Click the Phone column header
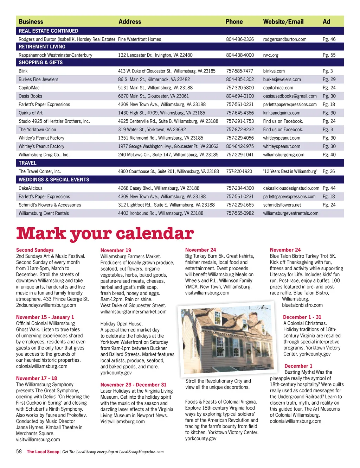point(234,21)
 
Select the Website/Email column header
point(283,21)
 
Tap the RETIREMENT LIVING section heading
point(42,46)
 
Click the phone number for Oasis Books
point(240,96)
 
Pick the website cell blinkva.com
point(274,71)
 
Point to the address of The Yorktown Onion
point(152,129)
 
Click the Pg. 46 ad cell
point(329,39)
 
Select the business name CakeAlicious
point(31,188)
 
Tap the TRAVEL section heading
point(27,163)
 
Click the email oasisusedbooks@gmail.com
point(290,96)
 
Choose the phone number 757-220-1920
point(239,171)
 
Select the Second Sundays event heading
point(35,250)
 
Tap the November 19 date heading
point(116,250)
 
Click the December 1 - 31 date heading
point(302,317)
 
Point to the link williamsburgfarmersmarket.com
point(134,312)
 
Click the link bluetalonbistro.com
point(302,305)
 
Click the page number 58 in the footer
point(19,451)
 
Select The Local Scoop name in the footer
point(43,452)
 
